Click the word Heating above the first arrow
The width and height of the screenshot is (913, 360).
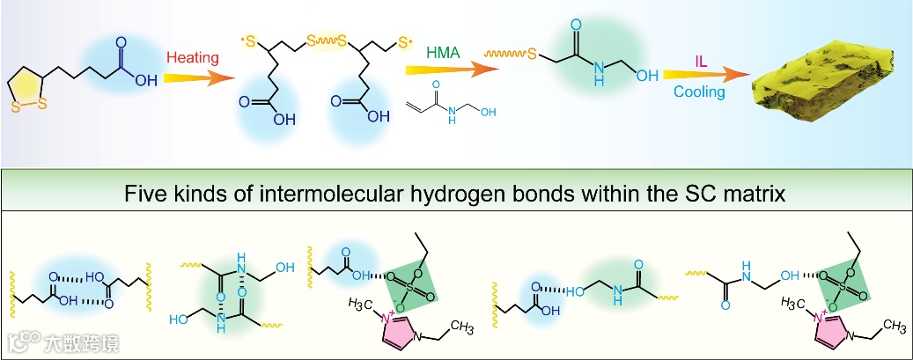coord(192,58)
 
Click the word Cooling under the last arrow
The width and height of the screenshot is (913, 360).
coord(700,92)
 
